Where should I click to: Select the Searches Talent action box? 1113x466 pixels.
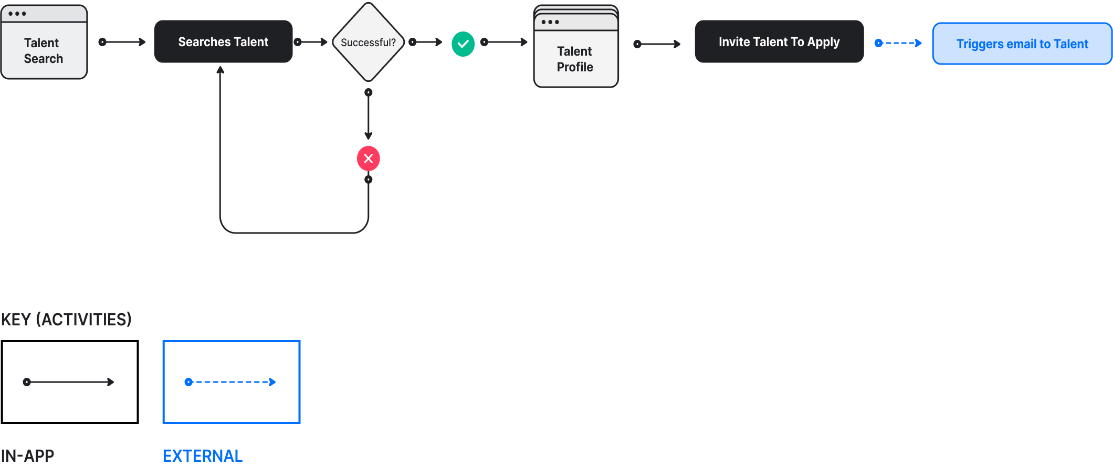223,42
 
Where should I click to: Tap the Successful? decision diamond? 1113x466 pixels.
369,42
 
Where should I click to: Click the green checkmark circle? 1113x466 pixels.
463,44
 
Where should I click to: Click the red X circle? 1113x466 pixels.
369,158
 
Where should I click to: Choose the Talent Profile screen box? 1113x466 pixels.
576,47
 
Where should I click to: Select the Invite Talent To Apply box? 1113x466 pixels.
779,42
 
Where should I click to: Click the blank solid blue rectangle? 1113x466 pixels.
1022,44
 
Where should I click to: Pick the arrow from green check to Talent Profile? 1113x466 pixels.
505,42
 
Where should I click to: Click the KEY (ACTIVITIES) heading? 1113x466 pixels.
66,319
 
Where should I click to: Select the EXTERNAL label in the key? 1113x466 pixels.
203,456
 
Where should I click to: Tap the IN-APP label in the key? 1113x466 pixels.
27,456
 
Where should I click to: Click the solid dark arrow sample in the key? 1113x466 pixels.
69,382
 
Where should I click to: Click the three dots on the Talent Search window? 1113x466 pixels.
17,14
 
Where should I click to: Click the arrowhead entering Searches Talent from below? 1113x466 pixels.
220,70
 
